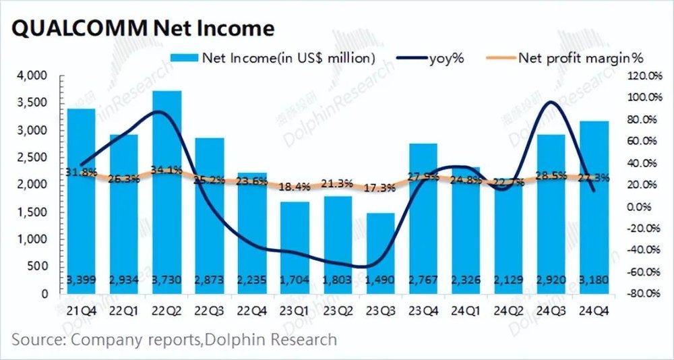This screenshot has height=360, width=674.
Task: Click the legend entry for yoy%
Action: tap(431, 58)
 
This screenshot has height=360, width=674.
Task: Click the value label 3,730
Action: tap(166, 280)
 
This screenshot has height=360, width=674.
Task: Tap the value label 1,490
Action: tap(380, 280)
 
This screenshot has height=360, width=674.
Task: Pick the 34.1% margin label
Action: tap(166, 169)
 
